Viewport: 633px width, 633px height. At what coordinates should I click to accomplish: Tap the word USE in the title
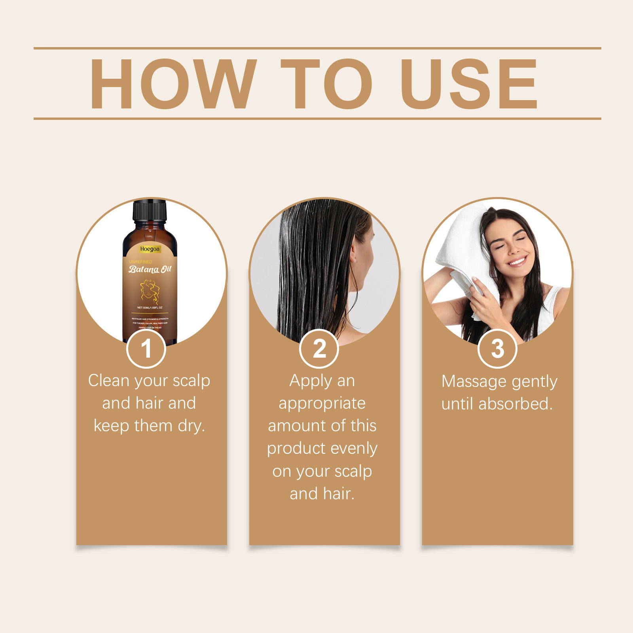[x=469, y=84]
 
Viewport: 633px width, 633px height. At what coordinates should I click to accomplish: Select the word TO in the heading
[x=326, y=84]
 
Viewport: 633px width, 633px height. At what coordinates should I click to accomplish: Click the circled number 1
[x=146, y=349]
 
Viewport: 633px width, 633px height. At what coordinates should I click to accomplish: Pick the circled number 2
[x=319, y=349]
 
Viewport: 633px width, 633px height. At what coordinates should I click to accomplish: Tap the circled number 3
[x=497, y=349]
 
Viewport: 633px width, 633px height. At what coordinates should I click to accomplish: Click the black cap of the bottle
[x=150, y=211]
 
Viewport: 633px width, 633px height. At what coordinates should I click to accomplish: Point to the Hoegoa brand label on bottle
[x=150, y=249]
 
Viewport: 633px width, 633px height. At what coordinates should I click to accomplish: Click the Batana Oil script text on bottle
[x=150, y=269]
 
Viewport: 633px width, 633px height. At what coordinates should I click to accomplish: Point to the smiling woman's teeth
[x=517, y=261]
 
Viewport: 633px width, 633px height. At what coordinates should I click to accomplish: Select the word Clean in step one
[x=109, y=381]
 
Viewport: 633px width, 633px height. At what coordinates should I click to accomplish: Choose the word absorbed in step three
[x=515, y=404]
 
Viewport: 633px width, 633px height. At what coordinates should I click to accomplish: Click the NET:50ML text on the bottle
[x=143, y=307]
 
